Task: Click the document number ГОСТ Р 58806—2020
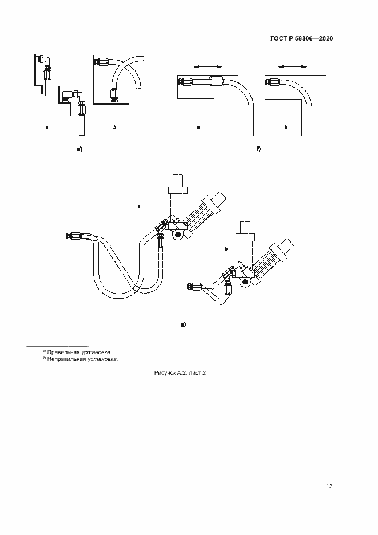tap(301, 39)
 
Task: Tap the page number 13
tap(329, 486)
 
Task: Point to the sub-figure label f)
tap(258, 149)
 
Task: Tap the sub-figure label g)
tap(182, 324)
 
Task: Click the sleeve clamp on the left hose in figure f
tap(216, 81)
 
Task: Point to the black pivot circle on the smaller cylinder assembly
tap(245, 281)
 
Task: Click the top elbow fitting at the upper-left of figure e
tap(43, 59)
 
